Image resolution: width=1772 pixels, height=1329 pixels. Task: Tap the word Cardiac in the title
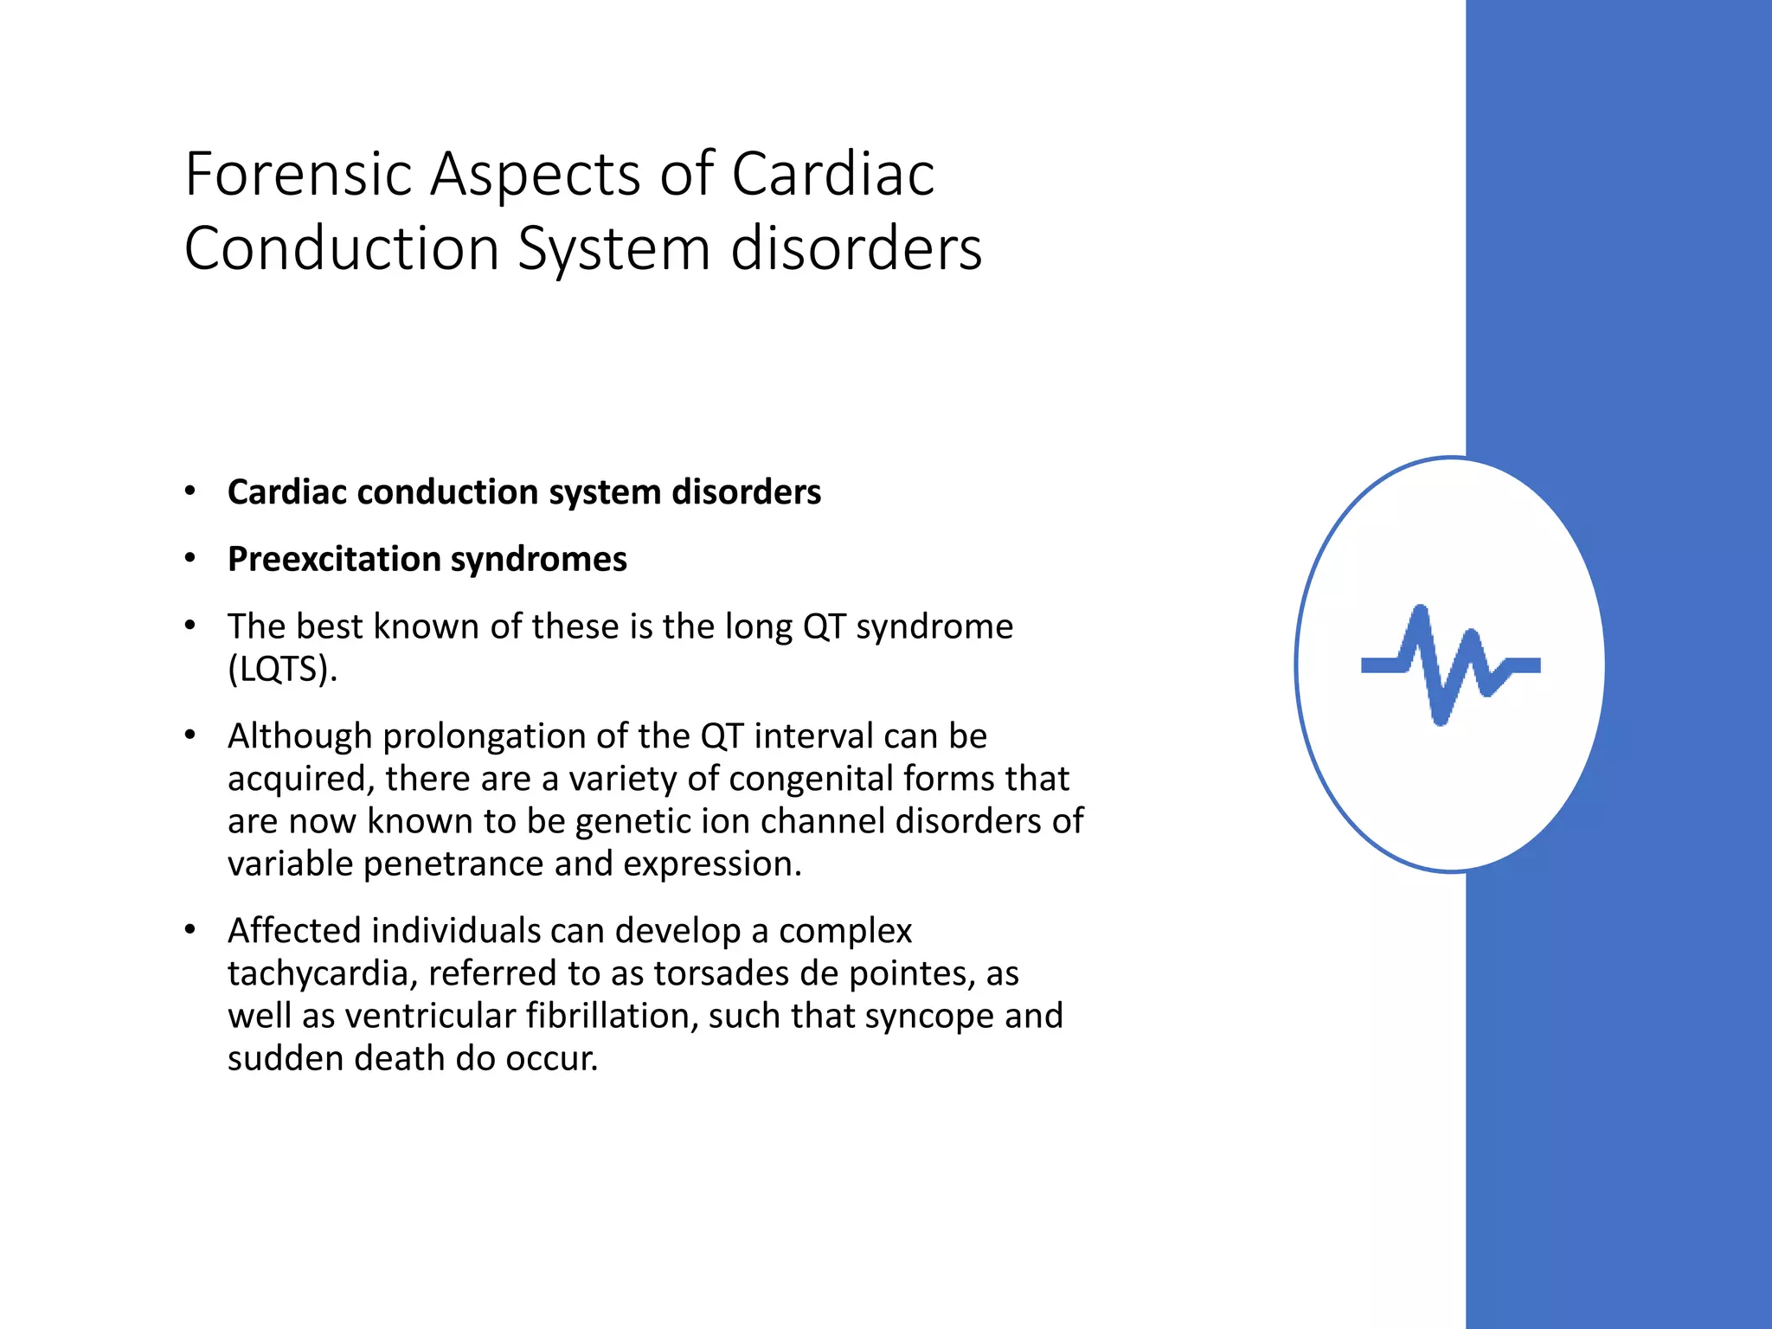point(832,174)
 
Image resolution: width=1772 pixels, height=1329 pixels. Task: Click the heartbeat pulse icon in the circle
point(1451,664)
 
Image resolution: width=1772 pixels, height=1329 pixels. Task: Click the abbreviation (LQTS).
point(282,669)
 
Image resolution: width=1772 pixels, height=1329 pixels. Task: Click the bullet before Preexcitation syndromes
point(190,558)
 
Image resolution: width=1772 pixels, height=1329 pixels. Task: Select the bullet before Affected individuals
point(190,930)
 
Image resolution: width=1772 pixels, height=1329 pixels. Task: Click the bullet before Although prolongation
point(190,735)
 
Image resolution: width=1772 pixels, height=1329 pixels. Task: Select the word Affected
point(294,931)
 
